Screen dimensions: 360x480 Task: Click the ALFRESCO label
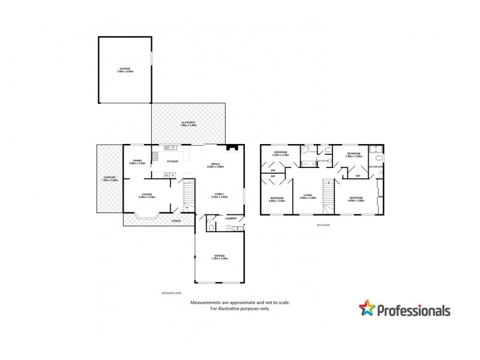pos(188,123)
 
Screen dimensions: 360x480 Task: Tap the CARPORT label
pos(109,177)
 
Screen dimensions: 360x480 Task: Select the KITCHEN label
pos(172,162)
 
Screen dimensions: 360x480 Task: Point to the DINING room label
pos(137,160)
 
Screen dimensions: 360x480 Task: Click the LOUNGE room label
pos(147,194)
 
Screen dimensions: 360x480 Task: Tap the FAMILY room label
pos(219,194)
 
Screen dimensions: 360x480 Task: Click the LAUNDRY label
pos(231,218)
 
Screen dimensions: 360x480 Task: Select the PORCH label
pos(176,221)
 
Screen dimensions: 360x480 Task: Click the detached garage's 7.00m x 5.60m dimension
pos(125,72)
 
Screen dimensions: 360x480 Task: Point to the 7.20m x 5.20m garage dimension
pos(218,259)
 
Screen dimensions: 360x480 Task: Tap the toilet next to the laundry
pos(211,227)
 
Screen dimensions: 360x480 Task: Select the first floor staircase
pos(328,196)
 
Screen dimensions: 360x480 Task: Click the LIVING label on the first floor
pos(308,194)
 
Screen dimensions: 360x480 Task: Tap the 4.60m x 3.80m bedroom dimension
pos(356,200)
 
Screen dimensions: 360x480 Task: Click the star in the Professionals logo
pos(367,309)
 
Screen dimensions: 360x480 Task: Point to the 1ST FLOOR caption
pos(323,225)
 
